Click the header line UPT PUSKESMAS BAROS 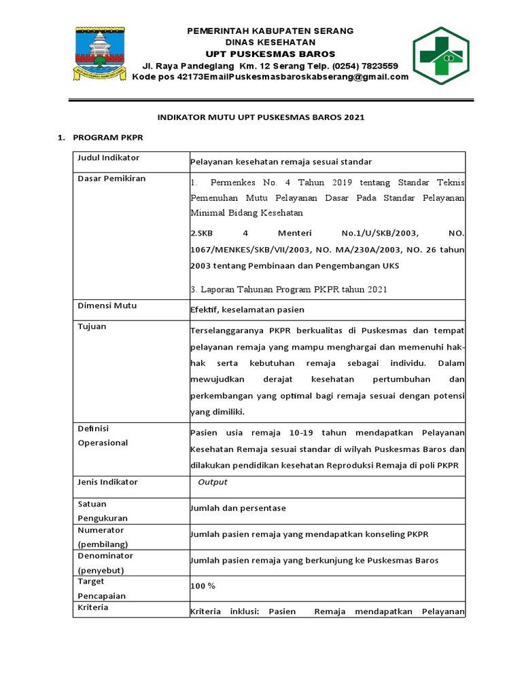pos(271,54)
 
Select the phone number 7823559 pos(379,66)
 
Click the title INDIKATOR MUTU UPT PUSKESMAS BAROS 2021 pos(261,117)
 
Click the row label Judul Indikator pos(109,158)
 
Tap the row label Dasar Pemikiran pos(111,179)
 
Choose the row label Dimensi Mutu pos(107,305)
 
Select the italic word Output pos(212,482)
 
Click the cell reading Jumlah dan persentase pos(239,508)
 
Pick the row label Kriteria pos(93,607)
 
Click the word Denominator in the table pos(105,556)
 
